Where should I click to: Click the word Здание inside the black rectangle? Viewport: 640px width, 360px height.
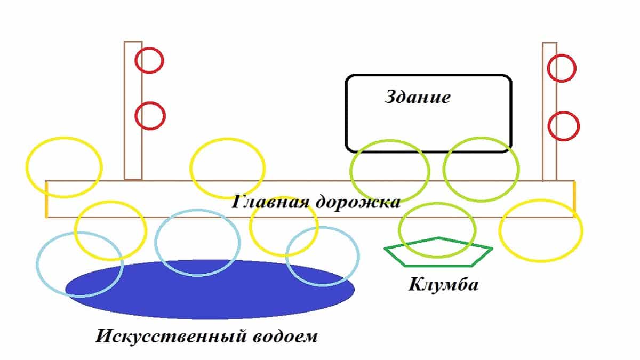point(418,98)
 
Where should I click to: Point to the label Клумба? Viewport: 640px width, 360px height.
point(443,284)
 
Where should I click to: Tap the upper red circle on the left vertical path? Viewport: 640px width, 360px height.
point(149,60)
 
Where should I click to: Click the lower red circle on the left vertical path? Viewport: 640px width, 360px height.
point(150,116)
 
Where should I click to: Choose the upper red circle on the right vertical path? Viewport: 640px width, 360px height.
point(562,68)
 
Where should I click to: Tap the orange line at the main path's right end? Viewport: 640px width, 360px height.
point(574,197)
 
